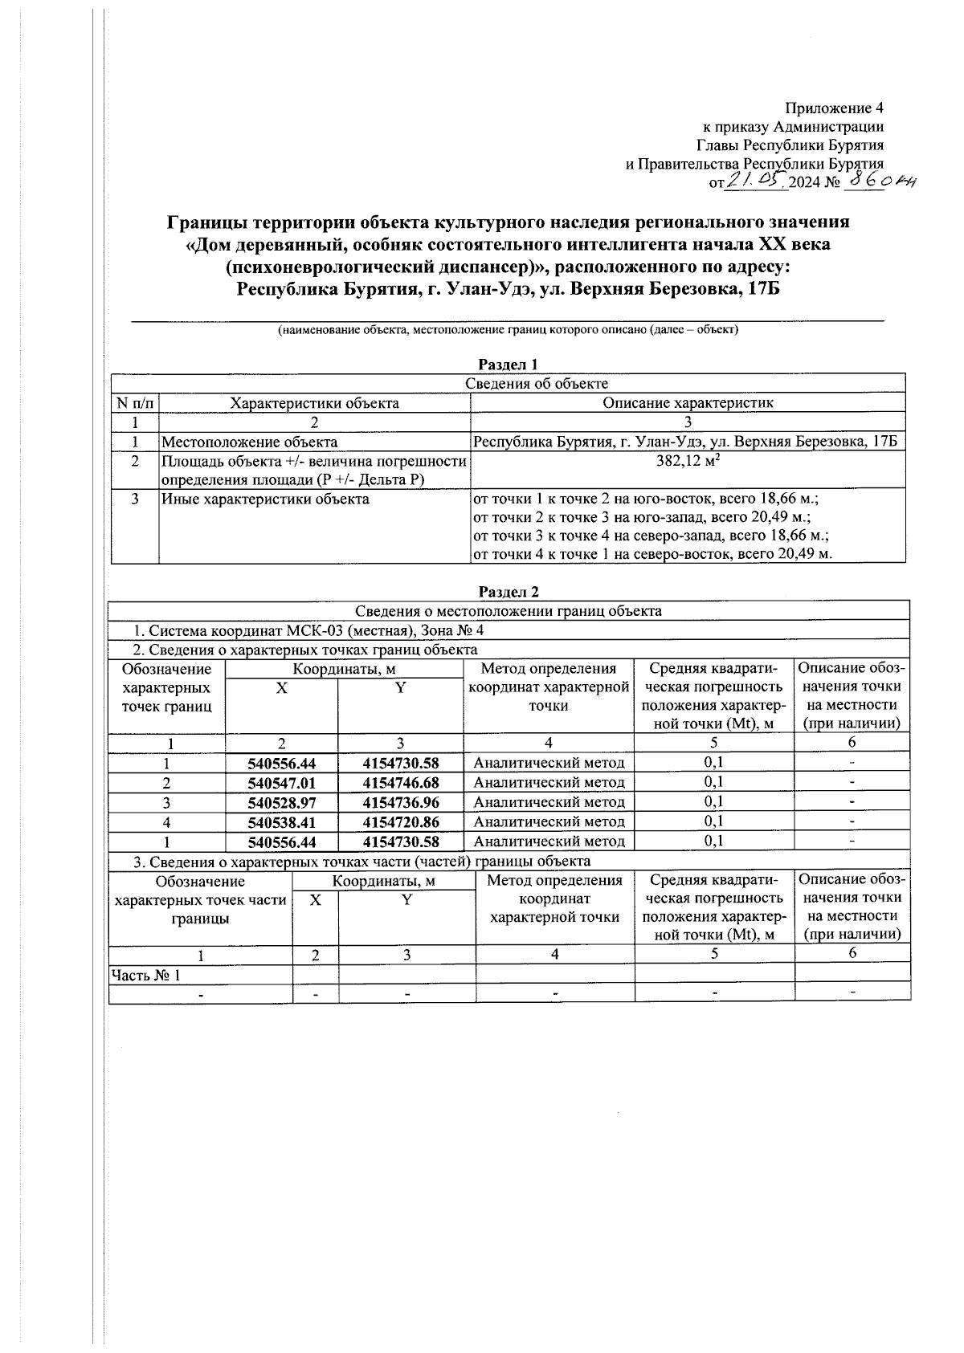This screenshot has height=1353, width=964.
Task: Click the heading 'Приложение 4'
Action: pyautogui.click(x=835, y=108)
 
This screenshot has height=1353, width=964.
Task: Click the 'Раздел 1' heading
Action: pyautogui.click(x=508, y=365)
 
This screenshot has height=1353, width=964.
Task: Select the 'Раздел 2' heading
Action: pyautogui.click(x=508, y=592)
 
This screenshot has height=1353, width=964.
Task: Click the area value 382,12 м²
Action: pyautogui.click(x=688, y=461)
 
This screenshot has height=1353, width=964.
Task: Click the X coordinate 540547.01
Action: pyautogui.click(x=281, y=782)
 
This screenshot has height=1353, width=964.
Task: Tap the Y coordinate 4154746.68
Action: pyautogui.click(x=401, y=782)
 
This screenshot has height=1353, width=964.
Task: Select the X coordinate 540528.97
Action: pyautogui.click(x=281, y=802)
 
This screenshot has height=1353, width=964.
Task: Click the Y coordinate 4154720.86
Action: pyautogui.click(x=401, y=821)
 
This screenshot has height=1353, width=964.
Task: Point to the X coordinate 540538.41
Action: pyautogui.click(x=281, y=821)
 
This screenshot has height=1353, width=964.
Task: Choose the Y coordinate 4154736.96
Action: pyautogui.click(x=401, y=802)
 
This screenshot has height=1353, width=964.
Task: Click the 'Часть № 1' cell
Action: pyautogui.click(x=145, y=975)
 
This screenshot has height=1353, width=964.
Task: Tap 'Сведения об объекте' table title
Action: pyautogui.click(x=537, y=384)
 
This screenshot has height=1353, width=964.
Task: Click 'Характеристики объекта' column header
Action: pyautogui.click(x=314, y=403)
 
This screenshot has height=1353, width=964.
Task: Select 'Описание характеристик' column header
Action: pyautogui.click(x=688, y=403)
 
